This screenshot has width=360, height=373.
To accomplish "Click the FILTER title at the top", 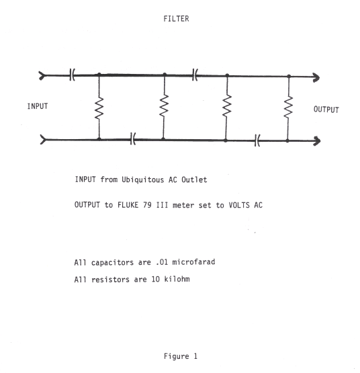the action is coord(176,19).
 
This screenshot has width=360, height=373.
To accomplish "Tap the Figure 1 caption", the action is coord(181,356).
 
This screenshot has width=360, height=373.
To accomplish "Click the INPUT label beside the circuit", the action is coord(38,106).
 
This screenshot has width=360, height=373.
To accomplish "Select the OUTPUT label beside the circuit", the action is coord(326,110).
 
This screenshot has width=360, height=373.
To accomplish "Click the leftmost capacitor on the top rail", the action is coord(73,75).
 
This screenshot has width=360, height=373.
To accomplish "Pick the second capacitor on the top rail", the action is coord(195,75).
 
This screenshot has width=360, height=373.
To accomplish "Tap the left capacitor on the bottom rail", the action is coord(133,138).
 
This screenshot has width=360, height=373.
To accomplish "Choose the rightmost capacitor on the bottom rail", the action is coord(257,140).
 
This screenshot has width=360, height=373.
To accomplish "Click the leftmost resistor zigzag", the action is coord(99,108).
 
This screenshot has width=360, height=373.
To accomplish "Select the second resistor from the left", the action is coord(164,106).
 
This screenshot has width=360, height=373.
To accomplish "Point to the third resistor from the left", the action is coord(227,106).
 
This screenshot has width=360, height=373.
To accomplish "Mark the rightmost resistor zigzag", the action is coord(288,107).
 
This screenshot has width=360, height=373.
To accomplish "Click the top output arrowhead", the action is coord(316,77).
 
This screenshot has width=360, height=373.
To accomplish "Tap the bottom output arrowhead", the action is coord(317,141).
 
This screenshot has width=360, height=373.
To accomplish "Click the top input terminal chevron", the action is coord(42,76).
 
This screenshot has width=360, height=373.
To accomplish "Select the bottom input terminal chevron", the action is coord(43,139).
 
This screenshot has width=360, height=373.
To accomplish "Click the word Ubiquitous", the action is coord(142,179).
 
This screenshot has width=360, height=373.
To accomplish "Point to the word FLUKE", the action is coord(128,205).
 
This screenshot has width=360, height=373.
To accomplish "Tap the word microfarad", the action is coord(193,262).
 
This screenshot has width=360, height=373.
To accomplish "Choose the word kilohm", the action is coord(177,279).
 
